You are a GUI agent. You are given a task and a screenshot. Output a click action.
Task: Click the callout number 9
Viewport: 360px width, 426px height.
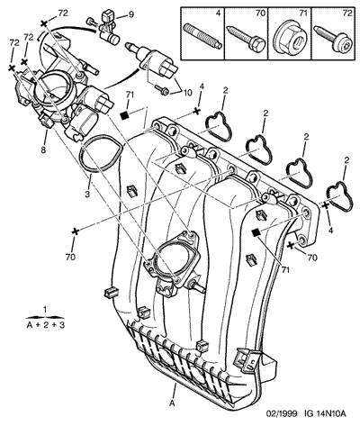click(x=131, y=15)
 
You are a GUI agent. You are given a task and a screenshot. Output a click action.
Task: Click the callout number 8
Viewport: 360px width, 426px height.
click(x=43, y=150)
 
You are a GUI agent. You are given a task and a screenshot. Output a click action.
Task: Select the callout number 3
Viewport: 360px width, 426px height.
click(x=87, y=194)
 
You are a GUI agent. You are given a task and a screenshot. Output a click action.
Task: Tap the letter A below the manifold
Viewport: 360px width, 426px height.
click(x=172, y=403)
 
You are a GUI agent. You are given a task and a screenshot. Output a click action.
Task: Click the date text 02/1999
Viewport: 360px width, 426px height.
click(x=282, y=413)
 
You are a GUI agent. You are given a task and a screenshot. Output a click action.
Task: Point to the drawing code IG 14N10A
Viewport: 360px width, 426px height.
click(x=324, y=413)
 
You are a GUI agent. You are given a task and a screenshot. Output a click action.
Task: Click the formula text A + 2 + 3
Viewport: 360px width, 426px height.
click(x=46, y=325)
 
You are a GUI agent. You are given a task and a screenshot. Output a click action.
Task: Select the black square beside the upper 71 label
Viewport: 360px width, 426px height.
click(x=124, y=115)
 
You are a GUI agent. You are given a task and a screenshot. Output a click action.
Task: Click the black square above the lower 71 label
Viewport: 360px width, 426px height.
click(x=256, y=232)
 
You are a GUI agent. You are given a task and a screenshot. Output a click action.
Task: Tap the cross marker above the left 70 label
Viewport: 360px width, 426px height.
click(x=75, y=231)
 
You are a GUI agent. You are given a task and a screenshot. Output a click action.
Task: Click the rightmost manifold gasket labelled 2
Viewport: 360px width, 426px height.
click(x=339, y=195)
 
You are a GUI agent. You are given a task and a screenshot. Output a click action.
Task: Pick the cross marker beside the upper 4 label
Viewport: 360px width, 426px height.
click(x=196, y=111)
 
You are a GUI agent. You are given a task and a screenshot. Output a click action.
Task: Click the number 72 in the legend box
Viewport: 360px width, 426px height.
click(x=347, y=13)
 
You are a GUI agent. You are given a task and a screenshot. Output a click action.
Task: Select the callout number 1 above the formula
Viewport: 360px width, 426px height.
click(x=45, y=309)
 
